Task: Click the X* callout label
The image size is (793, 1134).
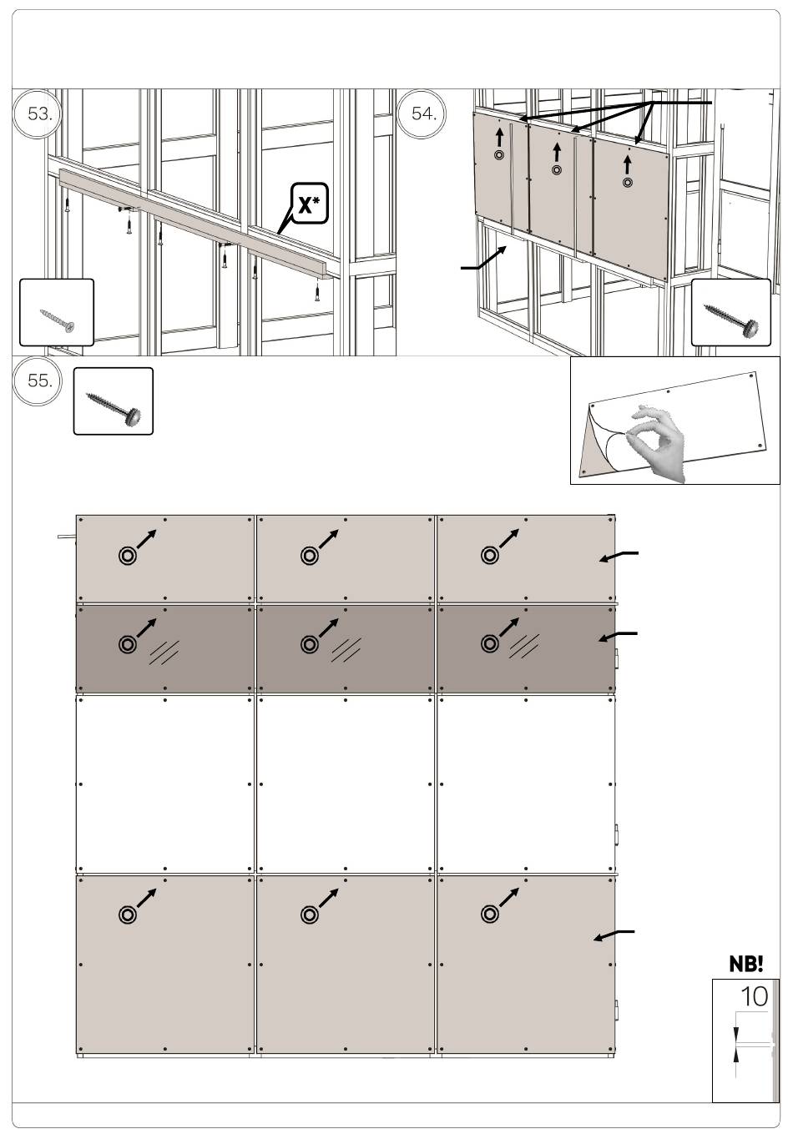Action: click(x=309, y=204)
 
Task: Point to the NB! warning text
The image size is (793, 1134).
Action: click(x=745, y=965)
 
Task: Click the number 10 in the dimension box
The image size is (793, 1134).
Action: click(x=754, y=996)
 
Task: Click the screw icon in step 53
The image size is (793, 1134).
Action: click(x=57, y=319)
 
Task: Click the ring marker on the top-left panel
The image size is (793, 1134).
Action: click(x=128, y=555)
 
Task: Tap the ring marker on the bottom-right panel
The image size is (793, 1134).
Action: click(x=490, y=915)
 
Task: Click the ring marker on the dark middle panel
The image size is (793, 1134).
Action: click(x=309, y=644)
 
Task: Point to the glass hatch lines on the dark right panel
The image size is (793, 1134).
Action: click(x=524, y=648)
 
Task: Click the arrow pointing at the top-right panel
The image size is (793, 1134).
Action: click(x=619, y=557)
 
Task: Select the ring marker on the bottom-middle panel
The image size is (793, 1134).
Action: click(x=309, y=915)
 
